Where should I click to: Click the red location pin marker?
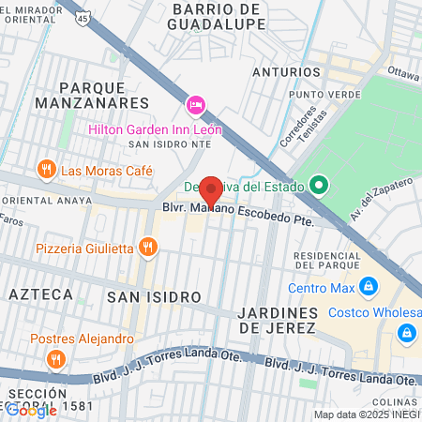tap(211, 191)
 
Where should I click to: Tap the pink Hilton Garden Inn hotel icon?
tap(196, 103)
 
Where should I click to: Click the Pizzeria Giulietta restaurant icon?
tap(147, 247)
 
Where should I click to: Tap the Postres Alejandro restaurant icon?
tap(56, 358)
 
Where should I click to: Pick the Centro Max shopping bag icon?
tap(369, 285)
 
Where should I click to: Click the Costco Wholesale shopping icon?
tap(406, 332)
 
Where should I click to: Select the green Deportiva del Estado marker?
tap(319, 186)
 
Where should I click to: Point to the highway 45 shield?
tap(83, 18)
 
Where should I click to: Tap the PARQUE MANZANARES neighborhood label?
tap(92, 93)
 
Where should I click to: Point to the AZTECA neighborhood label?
tap(40, 294)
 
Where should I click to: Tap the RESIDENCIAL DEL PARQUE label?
tap(327, 262)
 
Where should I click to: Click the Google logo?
tap(31, 409)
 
